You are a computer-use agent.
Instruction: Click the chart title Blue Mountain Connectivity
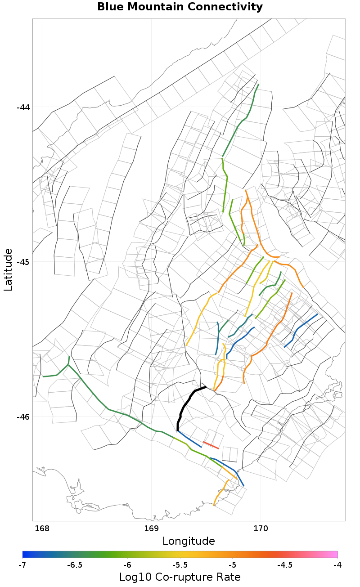[180, 7]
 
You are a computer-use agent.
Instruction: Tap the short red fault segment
[211, 445]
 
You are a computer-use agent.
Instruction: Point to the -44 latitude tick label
[23, 108]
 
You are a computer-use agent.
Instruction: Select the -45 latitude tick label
[23, 262]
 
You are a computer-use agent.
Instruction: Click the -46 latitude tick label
[23, 417]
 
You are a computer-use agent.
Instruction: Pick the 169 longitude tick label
[151, 528]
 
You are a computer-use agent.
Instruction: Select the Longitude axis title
[189, 541]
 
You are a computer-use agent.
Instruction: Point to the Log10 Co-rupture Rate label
[180, 577]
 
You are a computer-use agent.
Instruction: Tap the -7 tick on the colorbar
[22, 565]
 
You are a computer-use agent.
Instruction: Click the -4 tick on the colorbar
[337, 565]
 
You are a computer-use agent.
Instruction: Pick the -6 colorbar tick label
[127, 565]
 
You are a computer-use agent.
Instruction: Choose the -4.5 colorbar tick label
[285, 565]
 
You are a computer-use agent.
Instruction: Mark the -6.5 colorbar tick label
[75, 565]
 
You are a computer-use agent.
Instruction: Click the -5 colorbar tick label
[232, 565]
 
